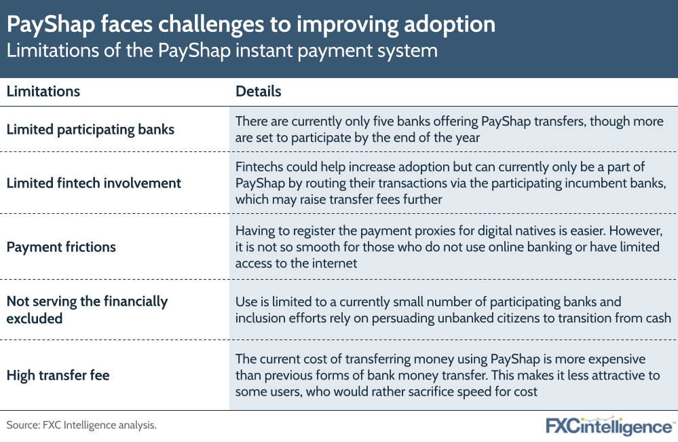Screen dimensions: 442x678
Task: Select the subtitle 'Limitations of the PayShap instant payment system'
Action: click(x=221, y=50)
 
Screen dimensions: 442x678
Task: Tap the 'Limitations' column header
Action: click(x=43, y=91)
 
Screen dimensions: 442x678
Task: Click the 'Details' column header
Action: click(x=258, y=91)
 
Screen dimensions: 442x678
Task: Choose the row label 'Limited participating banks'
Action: click(x=90, y=129)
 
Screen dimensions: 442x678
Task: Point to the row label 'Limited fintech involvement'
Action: click(x=94, y=183)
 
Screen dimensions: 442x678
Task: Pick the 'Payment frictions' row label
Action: click(x=61, y=246)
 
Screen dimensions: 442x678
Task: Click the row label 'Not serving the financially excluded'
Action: click(x=87, y=309)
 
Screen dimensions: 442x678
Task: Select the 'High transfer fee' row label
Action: click(x=58, y=375)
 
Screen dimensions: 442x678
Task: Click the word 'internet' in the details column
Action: click(x=333, y=262)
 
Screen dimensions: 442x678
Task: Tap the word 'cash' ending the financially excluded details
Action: click(x=656, y=317)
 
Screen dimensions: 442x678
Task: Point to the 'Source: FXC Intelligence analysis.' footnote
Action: click(x=81, y=426)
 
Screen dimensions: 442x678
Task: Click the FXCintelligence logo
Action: click(x=609, y=426)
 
